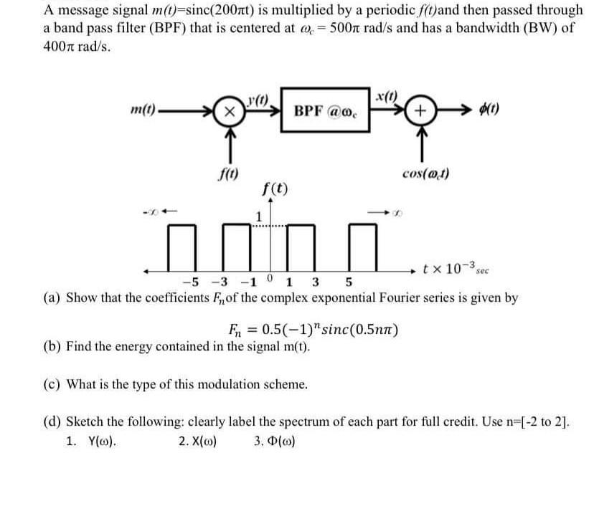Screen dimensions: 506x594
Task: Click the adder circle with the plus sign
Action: click(x=420, y=113)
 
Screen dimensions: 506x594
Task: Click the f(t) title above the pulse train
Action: click(x=276, y=190)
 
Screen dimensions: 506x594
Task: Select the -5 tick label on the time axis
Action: click(x=190, y=282)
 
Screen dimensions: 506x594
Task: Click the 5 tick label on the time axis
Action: click(x=349, y=282)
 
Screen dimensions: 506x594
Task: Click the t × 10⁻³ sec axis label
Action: click(x=454, y=269)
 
